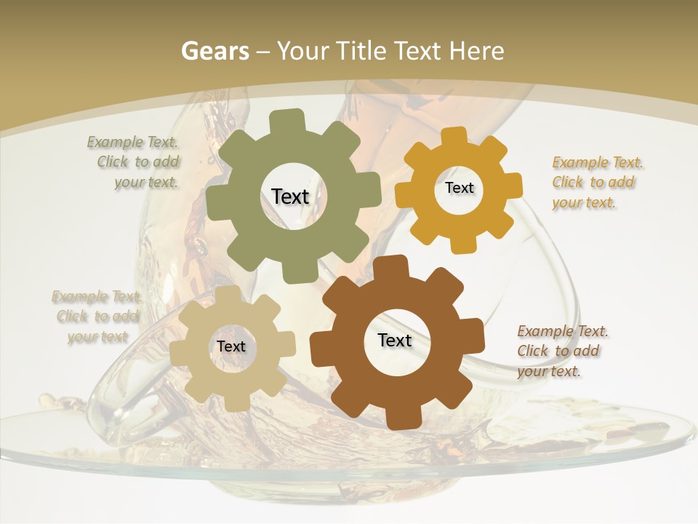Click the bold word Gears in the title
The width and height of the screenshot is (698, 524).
coord(214,51)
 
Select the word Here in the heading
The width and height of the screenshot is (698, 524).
coord(476,51)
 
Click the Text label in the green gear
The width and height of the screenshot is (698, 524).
coord(290,196)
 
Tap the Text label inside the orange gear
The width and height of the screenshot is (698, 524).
coord(459,188)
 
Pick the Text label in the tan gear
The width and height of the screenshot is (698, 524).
coord(231,346)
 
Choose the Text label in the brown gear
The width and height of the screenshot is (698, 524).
coord(395,340)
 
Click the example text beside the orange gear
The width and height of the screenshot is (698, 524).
coord(597,182)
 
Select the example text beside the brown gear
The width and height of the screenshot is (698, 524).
coord(562,351)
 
